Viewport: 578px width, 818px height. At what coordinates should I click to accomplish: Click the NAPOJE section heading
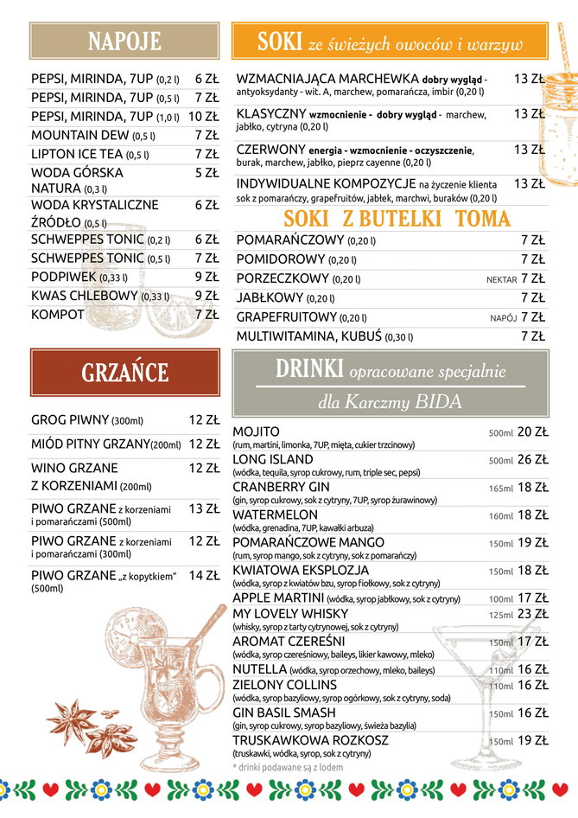124,41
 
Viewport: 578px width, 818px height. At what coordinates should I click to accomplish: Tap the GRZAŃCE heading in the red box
124,372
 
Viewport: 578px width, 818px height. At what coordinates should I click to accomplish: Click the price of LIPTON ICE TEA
206,154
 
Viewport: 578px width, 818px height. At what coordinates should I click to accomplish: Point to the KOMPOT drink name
58,315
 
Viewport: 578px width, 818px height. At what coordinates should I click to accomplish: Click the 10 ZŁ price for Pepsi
203,116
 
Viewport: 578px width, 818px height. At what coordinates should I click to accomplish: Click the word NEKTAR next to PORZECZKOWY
501,279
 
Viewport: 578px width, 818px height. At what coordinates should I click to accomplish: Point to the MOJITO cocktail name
257,431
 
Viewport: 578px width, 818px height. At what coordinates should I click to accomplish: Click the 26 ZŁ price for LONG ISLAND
532,460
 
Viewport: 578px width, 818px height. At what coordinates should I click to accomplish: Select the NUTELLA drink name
260,669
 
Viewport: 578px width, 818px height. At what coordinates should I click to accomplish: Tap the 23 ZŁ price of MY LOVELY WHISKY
532,614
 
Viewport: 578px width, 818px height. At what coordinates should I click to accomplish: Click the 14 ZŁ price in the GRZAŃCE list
204,575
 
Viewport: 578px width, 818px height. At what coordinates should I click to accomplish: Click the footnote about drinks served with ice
288,767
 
